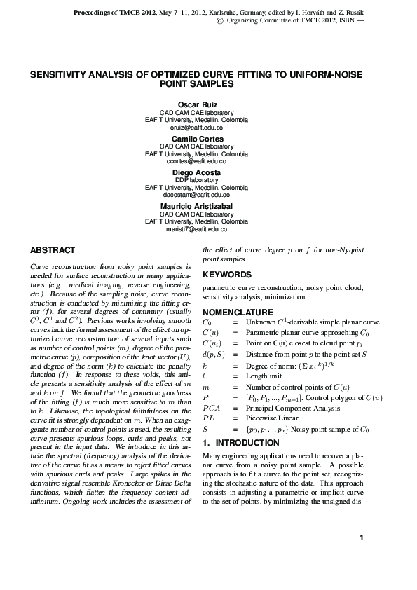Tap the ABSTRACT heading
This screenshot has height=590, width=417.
pyautogui.click(x=53, y=250)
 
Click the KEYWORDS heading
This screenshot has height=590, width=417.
pyautogui.click(x=226, y=275)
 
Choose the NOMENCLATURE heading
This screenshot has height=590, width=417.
pyautogui.click(x=238, y=312)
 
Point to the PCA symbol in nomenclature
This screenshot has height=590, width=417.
pyautogui.click(x=211, y=407)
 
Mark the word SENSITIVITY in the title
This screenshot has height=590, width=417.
pyautogui.click(x=57, y=74)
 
